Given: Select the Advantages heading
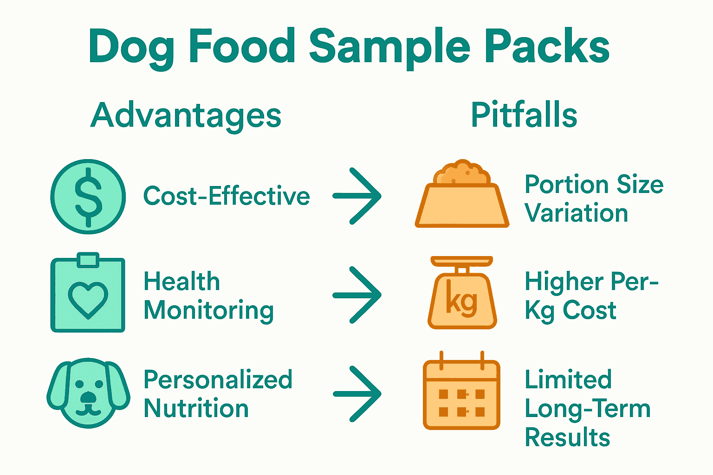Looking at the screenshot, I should click(x=186, y=116).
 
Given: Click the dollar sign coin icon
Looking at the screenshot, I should click(x=88, y=197).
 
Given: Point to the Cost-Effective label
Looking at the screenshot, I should click(x=227, y=196).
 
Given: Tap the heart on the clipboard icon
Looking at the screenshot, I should click(x=88, y=299).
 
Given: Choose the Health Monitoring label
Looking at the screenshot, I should click(x=208, y=296).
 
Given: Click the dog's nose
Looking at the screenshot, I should click(x=88, y=398).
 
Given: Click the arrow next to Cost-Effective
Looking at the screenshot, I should click(x=357, y=196).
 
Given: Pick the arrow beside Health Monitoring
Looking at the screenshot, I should click(x=357, y=295).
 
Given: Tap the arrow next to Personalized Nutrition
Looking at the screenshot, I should click(x=357, y=394).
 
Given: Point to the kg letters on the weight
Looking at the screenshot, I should click(x=461, y=302).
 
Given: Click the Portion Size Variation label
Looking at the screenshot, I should click(x=594, y=199).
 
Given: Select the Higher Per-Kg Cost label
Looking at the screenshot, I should click(x=591, y=296).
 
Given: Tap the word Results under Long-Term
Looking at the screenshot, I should click(x=567, y=437).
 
